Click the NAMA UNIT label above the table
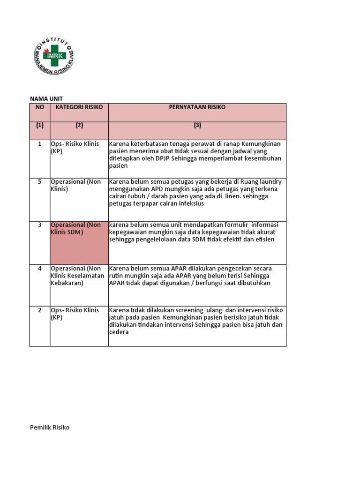[46, 98]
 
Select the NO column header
[39, 107]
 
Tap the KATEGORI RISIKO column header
[79, 107]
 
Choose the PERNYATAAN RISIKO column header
[197, 107]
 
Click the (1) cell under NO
[39, 125]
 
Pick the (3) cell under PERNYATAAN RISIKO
[197, 125]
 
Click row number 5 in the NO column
[39, 182]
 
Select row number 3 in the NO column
[39, 225]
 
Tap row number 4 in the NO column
[39, 269]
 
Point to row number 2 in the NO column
[39, 310]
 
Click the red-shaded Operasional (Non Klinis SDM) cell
[79, 243]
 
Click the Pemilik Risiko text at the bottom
[50, 427]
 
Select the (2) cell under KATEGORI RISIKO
[79, 125]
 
